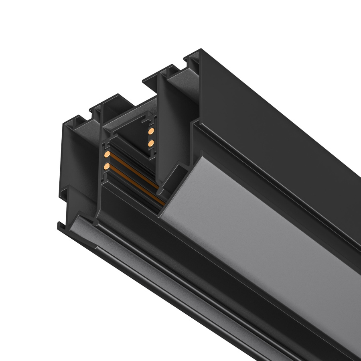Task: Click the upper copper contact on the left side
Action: (107, 154)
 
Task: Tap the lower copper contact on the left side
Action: (107, 166)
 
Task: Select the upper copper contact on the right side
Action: (151, 131)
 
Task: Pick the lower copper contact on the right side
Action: (151, 142)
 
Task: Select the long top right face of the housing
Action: (281, 120)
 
